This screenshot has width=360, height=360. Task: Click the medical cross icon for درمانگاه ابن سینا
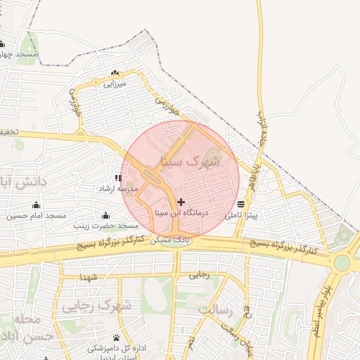click(x=181, y=202)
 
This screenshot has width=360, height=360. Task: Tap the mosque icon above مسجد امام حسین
click(x=36, y=205)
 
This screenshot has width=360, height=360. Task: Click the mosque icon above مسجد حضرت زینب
click(x=105, y=215)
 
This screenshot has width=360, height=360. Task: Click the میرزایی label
click(x=114, y=84)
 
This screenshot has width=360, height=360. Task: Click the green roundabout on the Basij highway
click(x=342, y=262)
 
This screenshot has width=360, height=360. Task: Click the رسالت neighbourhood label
click(x=214, y=309)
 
